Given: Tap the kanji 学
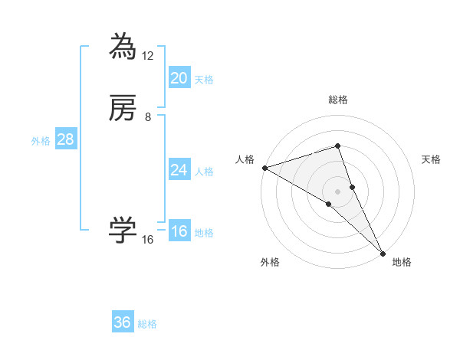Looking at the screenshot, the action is click(x=123, y=231).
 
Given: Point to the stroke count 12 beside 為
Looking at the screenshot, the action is click(x=148, y=56).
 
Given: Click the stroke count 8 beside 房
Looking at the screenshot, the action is click(x=148, y=117).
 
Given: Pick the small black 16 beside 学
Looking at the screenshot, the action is click(x=148, y=240).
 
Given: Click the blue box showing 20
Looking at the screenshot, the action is click(x=179, y=78).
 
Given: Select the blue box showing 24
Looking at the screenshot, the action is click(x=179, y=170).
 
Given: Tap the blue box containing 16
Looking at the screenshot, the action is click(x=179, y=231).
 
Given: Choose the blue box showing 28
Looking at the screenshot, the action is click(x=65, y=139).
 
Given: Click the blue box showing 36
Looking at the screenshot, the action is click(x=123, y=322).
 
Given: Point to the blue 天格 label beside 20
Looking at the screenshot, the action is click(x=204, y=80).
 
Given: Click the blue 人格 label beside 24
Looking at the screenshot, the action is click(x=204, y=172).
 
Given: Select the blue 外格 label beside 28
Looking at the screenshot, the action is click(x=41, y=141).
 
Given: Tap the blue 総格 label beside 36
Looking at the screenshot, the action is click(x=147, y=324).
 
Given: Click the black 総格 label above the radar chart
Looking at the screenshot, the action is click(x=338, y=100).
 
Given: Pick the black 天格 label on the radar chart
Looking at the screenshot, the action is click(x=432, y=159).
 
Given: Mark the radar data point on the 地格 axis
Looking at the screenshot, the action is click(x=383, y=252).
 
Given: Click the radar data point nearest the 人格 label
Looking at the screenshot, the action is click(x=264, y=168).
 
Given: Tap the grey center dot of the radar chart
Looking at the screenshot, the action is click(x=338, y=191).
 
